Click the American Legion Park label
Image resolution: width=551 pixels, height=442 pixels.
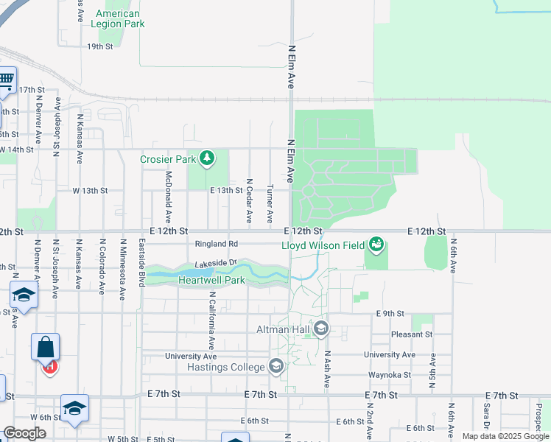(117, 18)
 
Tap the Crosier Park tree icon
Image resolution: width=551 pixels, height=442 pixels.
(208, 158)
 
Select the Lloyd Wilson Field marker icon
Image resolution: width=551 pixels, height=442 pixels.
(376, 243)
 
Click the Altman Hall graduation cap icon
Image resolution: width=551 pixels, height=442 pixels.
(321, 329)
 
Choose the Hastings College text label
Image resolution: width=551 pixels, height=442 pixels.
(225, 367)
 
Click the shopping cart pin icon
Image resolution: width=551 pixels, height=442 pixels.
(6, 80)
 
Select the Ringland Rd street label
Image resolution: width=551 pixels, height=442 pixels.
(216, 244)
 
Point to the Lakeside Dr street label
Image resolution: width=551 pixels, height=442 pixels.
(215, 263)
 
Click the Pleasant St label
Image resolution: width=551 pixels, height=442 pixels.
(412, 334)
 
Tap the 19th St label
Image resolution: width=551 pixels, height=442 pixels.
(99, 46)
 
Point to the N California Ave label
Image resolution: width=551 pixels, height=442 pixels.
(211, 320)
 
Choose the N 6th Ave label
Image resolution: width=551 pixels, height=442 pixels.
(452, 255)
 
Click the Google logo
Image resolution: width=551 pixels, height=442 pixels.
(24, 434)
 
